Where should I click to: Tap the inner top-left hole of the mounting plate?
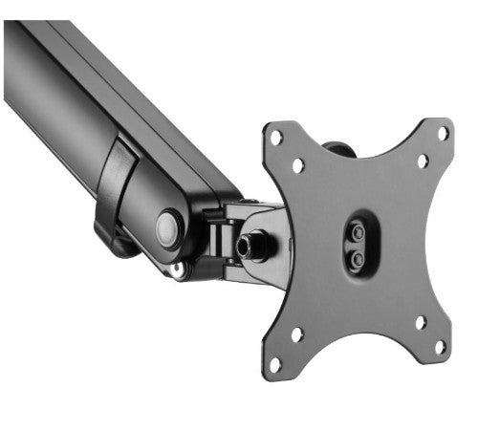tap(298, 164)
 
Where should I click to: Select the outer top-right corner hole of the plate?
tap(443, 133)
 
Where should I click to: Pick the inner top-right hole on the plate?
tap(422, 161)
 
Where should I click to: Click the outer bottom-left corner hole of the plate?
tap(275, 364)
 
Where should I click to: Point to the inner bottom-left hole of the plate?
tap(297, 335)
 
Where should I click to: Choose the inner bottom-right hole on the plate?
tap(420, 322)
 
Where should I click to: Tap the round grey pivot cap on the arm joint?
tap(169, 228)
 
